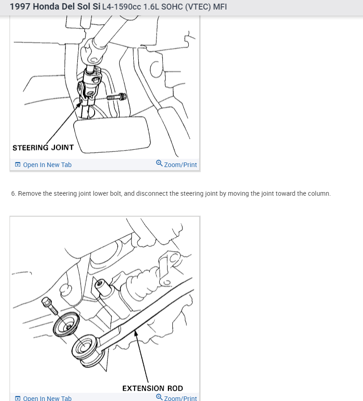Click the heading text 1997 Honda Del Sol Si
click(x=55, y=7)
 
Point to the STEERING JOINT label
click(x=43, y=147)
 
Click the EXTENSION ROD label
click(x=152, y=388)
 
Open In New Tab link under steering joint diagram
click(x=47, y=165)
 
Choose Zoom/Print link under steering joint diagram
click(x=181, y=165)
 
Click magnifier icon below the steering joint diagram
click(x=159, y=163)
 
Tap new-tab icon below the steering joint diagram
click(x=18, y=164)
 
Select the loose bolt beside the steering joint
click(x=116, y=97)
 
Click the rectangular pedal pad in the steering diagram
click(x=112, y=135)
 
